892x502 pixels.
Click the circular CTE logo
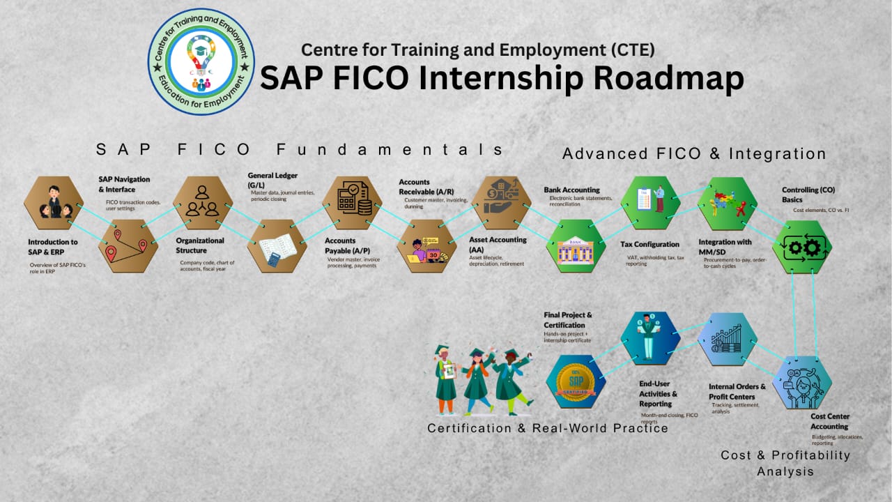[201, 61]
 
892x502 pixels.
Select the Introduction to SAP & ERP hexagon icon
[54, 203]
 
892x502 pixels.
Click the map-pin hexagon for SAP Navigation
[128, 246]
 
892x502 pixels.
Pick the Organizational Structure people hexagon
[202, 203]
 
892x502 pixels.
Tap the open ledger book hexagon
[277, 246]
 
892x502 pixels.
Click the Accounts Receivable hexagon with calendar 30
[426, 246]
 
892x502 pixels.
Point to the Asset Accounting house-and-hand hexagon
[502, 203]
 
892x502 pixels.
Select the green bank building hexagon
[576, 246]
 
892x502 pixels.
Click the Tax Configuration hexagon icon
[650, 203]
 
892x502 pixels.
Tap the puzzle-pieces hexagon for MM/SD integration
[726, 203]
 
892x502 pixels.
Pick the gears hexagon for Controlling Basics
[801, 246]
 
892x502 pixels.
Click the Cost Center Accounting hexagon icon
[801, 382]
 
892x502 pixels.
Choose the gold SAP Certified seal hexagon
[576, 382]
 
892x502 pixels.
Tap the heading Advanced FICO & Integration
[694, 153]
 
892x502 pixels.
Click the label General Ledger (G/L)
[272, 180]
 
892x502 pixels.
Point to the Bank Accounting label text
[571, 190]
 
